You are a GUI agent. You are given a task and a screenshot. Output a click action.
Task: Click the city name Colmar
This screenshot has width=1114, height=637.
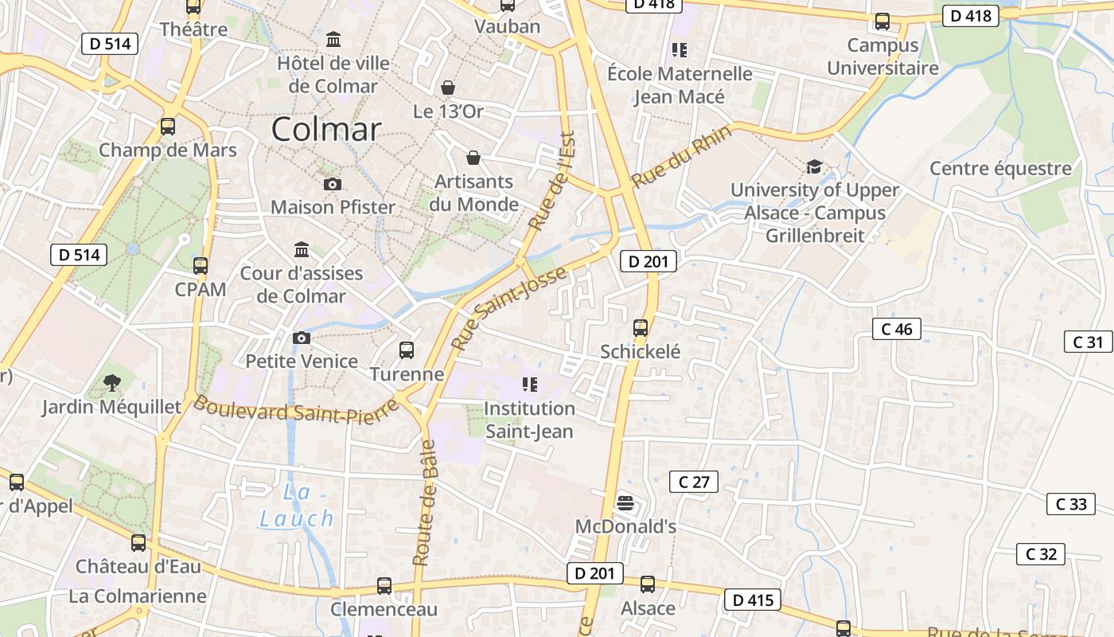pyautogui.click(x=326, y=129)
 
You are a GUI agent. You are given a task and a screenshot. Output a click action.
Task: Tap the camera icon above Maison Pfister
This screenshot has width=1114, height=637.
pyautogui.click(x=333, y=185)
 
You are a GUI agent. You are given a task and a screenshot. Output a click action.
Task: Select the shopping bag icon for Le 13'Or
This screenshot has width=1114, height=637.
pyautogui.click(x=448, y=87)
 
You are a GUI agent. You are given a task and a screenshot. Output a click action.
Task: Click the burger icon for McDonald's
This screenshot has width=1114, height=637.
pyautogui.click(x=625, y=502)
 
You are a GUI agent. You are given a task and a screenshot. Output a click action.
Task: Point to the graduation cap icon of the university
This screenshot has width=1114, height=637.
pyautogui.click(x=814, y=167)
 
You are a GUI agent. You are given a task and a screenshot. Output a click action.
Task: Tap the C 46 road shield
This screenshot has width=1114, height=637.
pyautogui.click(x=897, y=329)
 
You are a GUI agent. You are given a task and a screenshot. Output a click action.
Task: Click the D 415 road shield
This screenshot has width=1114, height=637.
pyautogui.click(x=752, y=600)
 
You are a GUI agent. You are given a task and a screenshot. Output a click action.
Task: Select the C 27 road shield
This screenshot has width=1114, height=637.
pyautogui.click(x=694, y=482)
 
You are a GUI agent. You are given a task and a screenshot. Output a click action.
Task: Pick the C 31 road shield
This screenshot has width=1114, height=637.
pyautogui.click(x=1088, y=342)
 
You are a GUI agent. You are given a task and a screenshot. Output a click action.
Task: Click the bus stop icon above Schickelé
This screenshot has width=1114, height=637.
pyautogui.click(x=641, y=327)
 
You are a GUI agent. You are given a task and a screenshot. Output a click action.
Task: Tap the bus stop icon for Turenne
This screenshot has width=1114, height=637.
pyautogui.click(x=407, y=350)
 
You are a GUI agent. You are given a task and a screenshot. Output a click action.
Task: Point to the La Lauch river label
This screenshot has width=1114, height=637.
pyautogui.click(x=297, y=506)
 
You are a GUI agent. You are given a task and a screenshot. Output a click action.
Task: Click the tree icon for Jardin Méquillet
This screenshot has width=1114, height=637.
pyautogui.click(x=112, y=383)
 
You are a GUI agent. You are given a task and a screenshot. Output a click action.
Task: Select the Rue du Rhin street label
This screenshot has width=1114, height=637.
pyautogui.click(x=670, y=162)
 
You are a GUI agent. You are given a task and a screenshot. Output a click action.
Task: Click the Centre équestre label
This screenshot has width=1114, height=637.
pyautogui.click(x=1000, y=169)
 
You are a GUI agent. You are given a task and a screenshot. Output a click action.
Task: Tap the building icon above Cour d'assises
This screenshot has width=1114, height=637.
pyautogui.click(x=302, y=250)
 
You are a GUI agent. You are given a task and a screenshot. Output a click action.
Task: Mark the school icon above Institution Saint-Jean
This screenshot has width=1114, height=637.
pyautogui.click(x=529, y=385)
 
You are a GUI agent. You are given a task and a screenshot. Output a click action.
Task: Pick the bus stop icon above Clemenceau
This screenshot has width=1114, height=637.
pyautogui.click(x=384, y=586)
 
